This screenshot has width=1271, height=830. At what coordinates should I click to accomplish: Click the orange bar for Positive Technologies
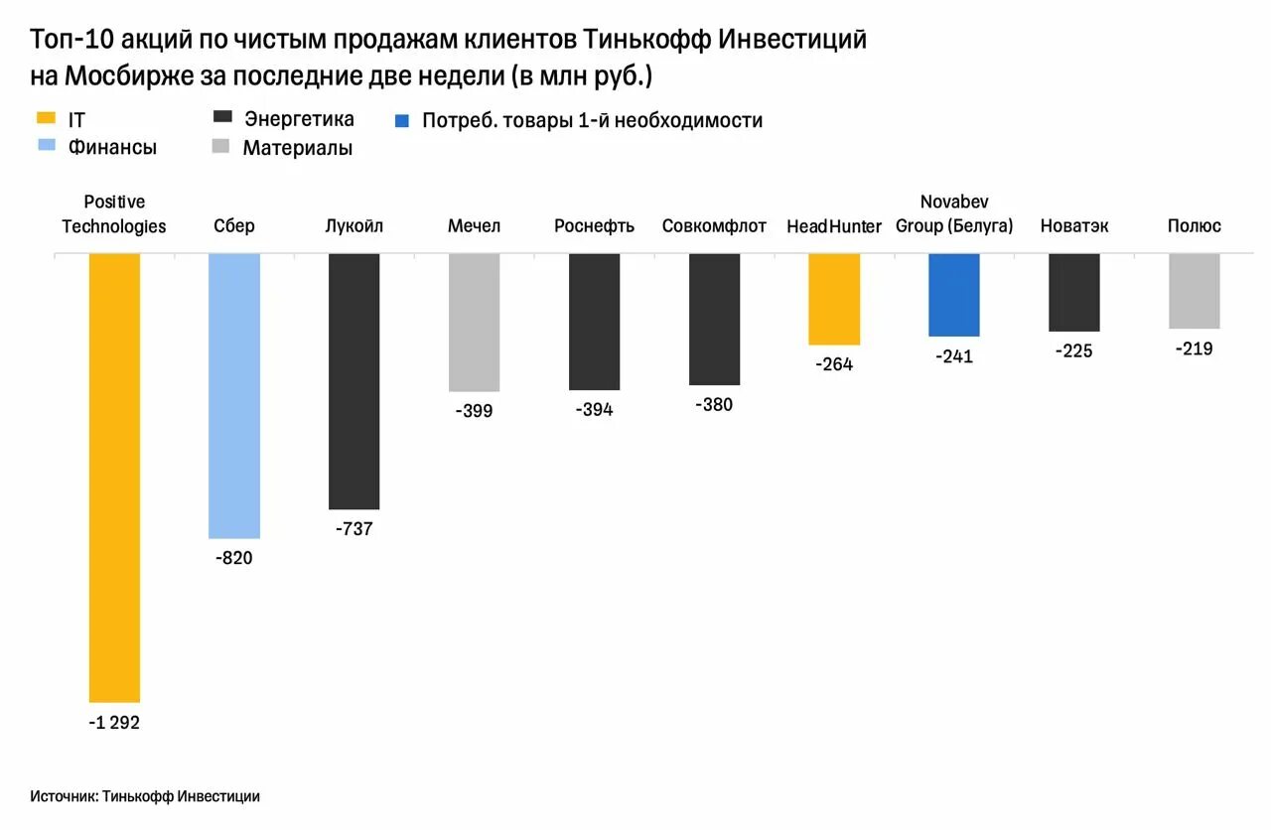(114, 477)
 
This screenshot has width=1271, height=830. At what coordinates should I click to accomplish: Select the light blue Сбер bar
(234, 395)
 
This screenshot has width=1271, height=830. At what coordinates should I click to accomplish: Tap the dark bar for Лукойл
(353, 381)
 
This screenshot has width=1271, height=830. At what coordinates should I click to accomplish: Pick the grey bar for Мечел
(474, 322)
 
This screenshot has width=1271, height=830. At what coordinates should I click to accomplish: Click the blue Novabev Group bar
(954, 295)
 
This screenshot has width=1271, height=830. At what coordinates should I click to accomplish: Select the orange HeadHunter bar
(834, 299)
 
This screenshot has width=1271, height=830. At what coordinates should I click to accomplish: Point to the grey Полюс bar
(1194, 291)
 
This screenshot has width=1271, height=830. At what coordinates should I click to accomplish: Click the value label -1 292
(114, 723)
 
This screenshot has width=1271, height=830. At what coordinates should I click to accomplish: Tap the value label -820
(234, 558)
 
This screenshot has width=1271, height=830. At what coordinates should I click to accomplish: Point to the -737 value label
(353, 529)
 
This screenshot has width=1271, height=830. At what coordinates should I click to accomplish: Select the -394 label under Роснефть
(594, 410)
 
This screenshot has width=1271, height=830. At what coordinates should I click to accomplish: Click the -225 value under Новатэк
(1073, 350)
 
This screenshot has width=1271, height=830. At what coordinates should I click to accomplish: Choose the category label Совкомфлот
(714, 226)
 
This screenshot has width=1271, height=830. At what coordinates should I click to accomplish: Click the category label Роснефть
(594, 226)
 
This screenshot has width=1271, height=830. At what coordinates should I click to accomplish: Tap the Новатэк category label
(1073, 226)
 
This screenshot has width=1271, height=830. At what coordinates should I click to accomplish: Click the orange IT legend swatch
(46, 119)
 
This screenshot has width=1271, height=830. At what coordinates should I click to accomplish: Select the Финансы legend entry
(112, 147)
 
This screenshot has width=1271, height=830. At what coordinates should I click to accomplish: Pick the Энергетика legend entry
(299, 119)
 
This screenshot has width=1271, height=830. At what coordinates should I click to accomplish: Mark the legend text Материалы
(298, 148)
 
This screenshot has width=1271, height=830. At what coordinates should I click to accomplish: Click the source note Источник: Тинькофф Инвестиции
(145, 796)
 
